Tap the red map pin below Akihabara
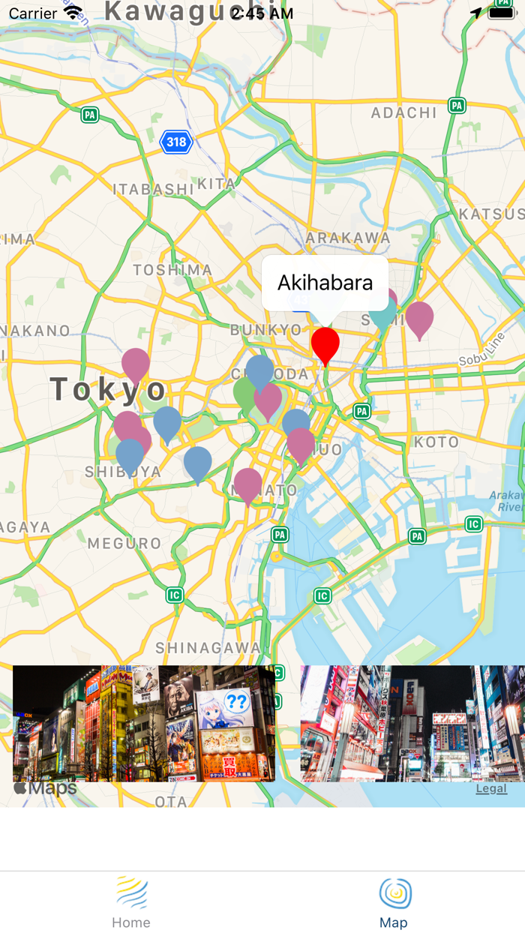click(325, 343)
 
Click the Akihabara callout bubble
click(325, 283)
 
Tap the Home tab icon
click(131, 894)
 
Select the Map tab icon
click(394, 894)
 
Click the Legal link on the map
click(491, 788)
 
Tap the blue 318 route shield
click(176, 142)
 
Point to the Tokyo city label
click(108, 389)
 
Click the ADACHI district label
click(404, 113)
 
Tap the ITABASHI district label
click(153, 189)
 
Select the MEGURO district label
click(124, 543)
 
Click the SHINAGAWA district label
click(208, 648)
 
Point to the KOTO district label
click(436, 442)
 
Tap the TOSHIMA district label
click(172, 270)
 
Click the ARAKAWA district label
click(348, 238)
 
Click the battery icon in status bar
click(501, 13)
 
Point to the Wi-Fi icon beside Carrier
click(73, 13)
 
